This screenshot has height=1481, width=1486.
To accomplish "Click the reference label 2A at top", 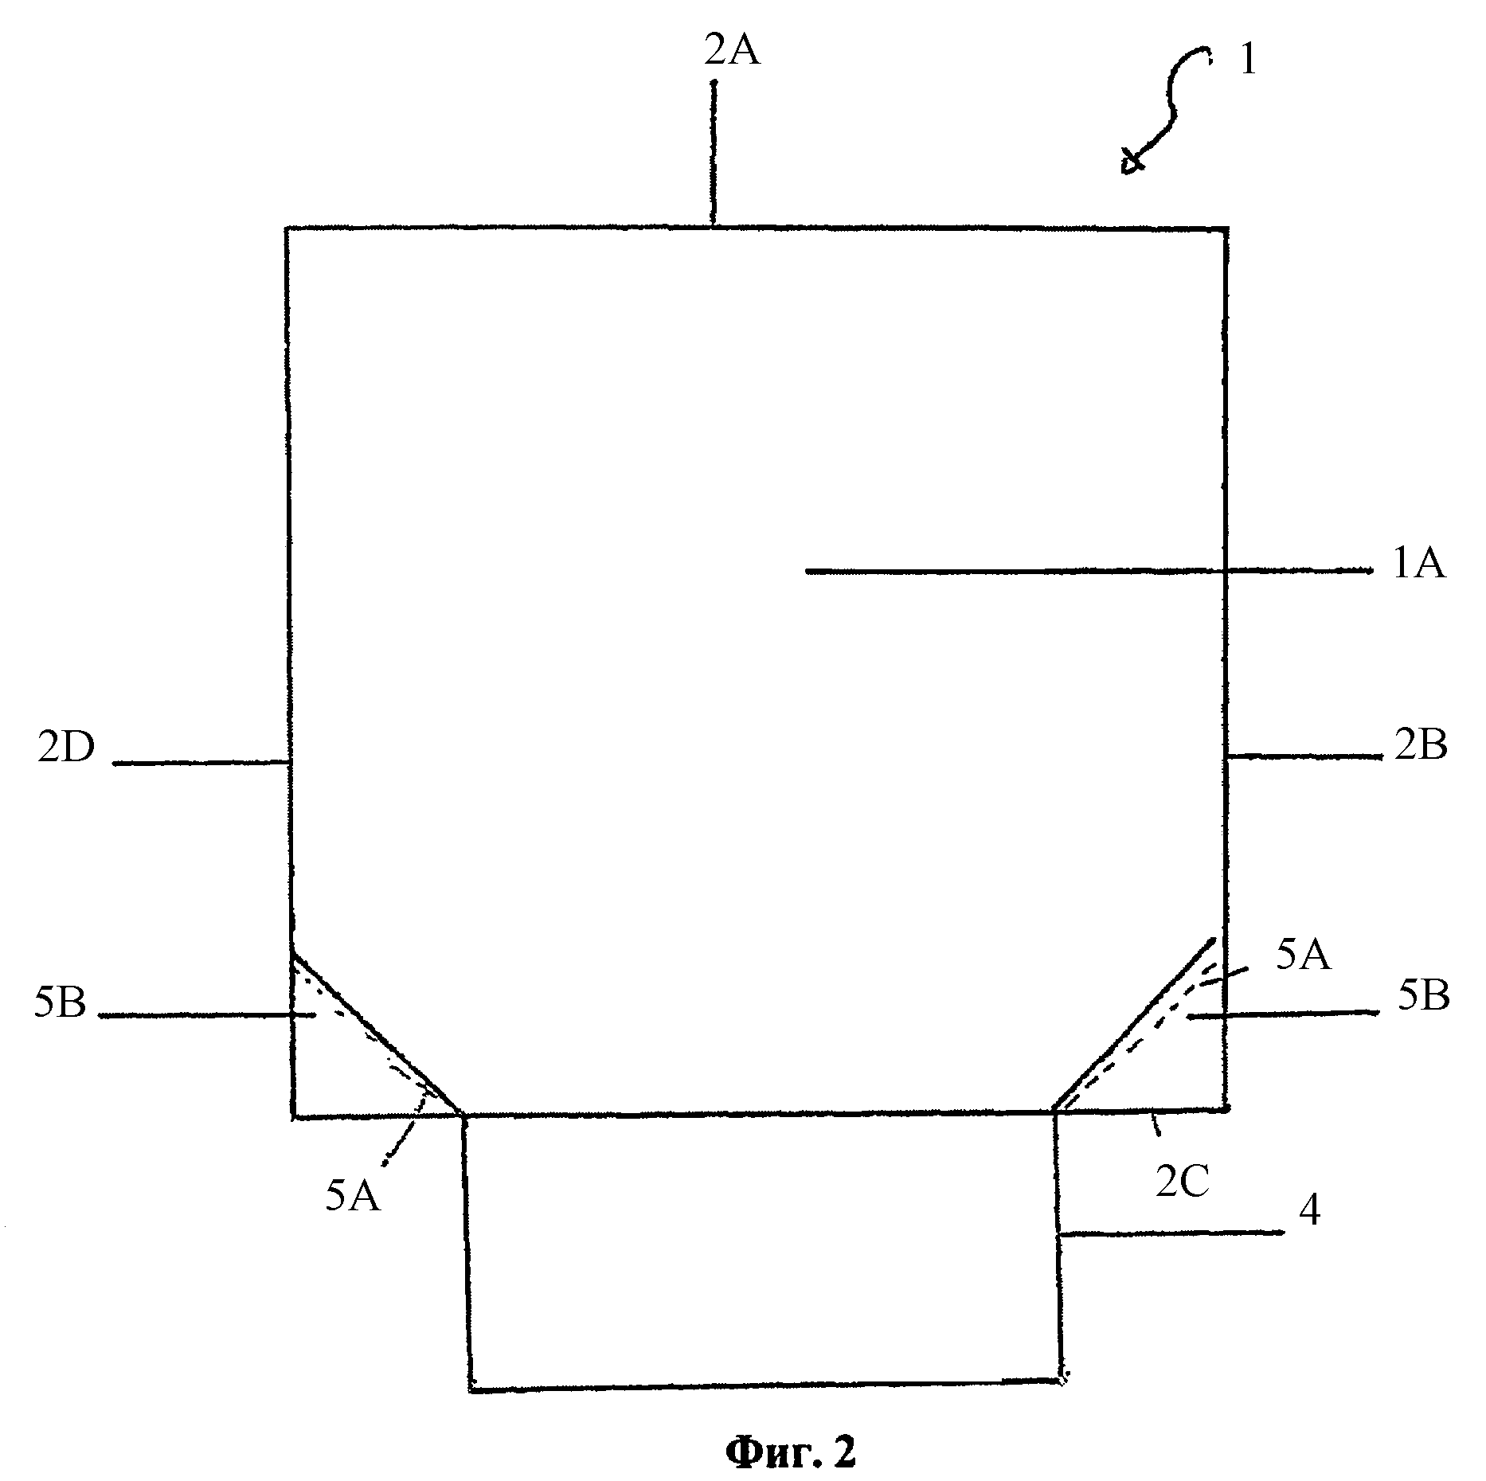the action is point(732,51).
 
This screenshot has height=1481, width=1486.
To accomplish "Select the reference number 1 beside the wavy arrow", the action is point(1247,60).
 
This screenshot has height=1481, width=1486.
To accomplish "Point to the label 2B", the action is point(1421,747).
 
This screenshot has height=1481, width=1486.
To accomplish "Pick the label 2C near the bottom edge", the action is point(1183,1183).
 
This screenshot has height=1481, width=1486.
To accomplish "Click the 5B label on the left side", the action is point(60,1004).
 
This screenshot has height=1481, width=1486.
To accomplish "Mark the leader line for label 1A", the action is point(1089,570).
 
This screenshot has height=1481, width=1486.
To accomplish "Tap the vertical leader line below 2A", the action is point(714,153).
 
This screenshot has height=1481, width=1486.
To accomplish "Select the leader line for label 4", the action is point(1171,1233).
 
